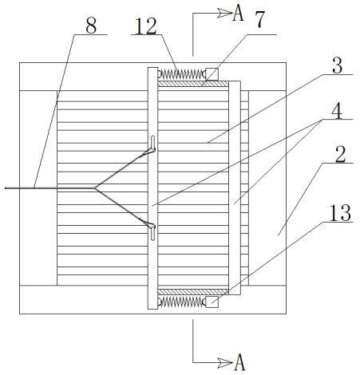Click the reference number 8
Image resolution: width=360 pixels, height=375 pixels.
91,26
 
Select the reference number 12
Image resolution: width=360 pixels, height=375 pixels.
146,26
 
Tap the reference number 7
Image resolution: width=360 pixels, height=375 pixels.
259,19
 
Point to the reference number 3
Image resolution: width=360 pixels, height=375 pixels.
338,65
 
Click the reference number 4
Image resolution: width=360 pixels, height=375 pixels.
337,111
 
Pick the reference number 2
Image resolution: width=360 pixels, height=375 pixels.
340,154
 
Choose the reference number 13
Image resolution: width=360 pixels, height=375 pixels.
340,213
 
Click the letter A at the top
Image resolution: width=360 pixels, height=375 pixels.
238,14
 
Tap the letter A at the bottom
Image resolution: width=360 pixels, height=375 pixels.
239,362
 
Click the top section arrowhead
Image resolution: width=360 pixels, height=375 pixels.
225,13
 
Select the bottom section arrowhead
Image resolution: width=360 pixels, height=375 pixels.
225,362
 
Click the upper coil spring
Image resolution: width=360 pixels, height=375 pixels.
182,74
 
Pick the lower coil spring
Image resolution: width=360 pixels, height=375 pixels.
182,302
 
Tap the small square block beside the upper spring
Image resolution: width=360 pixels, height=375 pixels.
212,74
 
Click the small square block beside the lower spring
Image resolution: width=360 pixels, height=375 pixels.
212,302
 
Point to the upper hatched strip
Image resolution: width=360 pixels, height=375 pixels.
193,84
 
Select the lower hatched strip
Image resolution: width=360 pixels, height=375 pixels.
193,292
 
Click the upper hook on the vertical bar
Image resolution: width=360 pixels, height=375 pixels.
152,145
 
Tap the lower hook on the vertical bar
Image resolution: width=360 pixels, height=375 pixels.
152,231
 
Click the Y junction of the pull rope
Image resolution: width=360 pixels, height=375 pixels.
95,188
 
